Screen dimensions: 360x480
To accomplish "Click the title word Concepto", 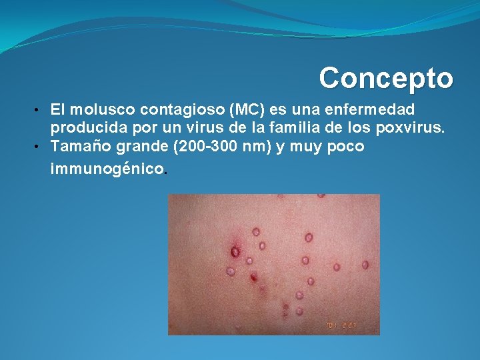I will click(386, 79).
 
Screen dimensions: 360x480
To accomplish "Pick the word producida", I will click(85, 127).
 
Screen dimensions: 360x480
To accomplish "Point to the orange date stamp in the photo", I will click(341, 325).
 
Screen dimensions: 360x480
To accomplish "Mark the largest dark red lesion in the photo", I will click(235, 251).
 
